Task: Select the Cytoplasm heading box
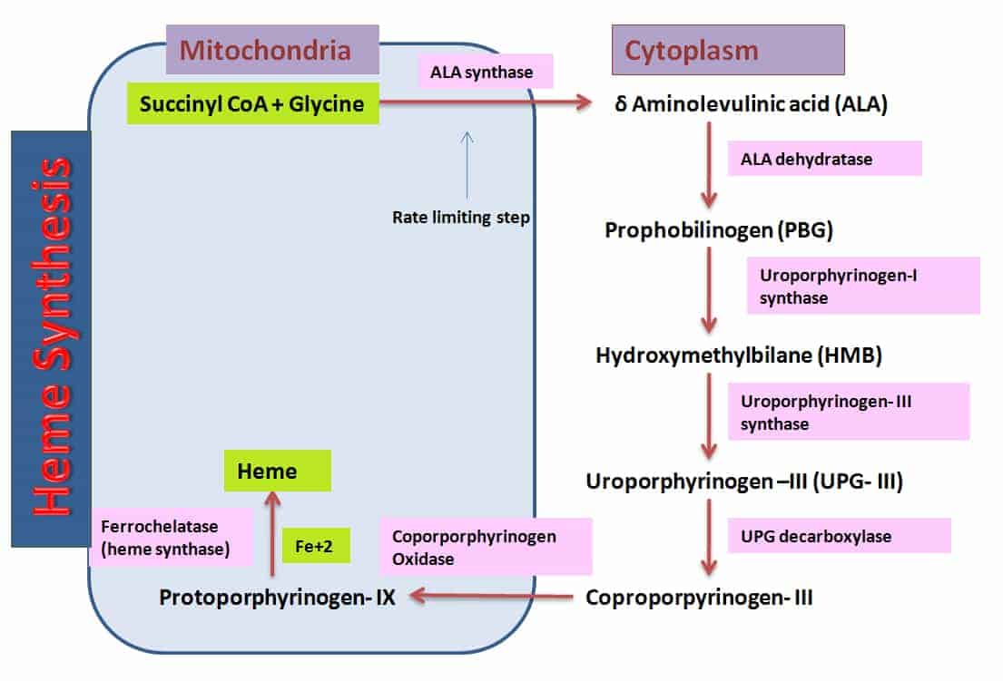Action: tap(728, 49)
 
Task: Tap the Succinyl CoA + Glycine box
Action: tap(252, 103)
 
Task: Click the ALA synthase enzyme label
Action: tap(487, 72)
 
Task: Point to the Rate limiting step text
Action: tap(461, 218)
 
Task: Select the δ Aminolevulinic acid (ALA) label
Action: tap(750, 104)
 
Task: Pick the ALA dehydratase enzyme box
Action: tap(824, 159)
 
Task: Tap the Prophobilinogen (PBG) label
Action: tap(719, 230)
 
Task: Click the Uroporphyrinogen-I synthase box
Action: tap(862, 286)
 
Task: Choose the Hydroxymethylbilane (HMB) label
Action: tap(739, 355)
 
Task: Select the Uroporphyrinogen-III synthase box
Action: tap(848, 412)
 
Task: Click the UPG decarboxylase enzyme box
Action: tap(839, 536)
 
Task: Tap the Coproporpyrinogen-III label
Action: tap(699, 598)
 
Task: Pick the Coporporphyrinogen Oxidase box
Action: tap(487, 547)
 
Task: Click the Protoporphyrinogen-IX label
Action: tap(277, 598)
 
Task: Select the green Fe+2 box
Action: tap(316, 546)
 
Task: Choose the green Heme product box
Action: tap(278, 472)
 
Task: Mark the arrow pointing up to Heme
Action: tap(271, 534)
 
